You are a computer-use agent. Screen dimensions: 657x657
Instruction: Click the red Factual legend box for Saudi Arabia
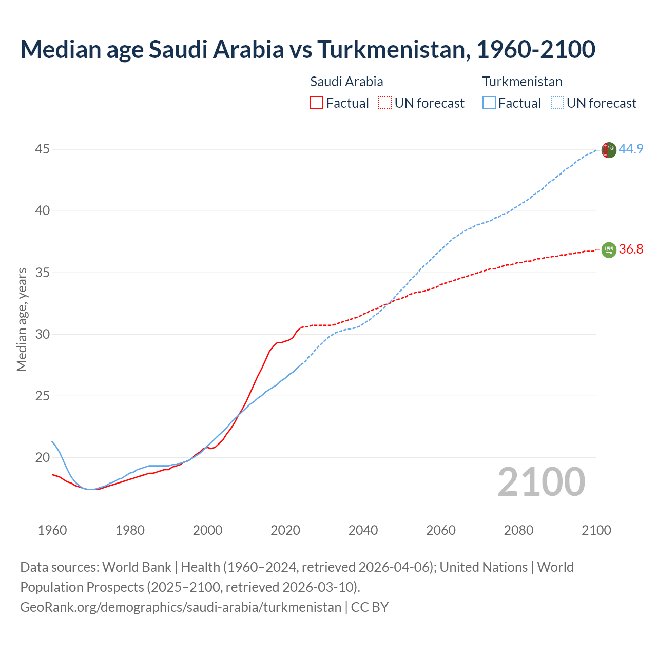(317, 103)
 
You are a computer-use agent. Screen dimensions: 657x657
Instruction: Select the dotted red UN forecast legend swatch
(385, 103)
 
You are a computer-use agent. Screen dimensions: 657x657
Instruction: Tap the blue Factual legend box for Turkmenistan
(489, 103)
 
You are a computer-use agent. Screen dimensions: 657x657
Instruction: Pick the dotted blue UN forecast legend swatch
(557, 103)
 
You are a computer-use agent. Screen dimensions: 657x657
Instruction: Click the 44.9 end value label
(631, 149)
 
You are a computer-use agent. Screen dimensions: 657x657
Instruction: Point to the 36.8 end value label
(631, 249)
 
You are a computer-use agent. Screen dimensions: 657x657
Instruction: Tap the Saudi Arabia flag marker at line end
(608, 250)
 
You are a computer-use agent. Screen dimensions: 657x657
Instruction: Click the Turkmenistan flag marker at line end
(608, 150)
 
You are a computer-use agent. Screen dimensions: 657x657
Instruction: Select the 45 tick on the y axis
(42, 149)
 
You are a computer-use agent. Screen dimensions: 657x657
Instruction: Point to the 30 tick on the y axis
(42, 334)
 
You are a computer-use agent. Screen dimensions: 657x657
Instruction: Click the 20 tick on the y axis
(42, 457)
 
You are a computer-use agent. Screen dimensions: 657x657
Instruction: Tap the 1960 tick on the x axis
(52, 530)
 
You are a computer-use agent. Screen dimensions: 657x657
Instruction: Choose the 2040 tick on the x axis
(363, 530)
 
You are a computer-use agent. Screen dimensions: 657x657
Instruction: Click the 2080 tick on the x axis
(518, 530)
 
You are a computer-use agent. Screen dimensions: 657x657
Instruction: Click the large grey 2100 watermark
(541, 482)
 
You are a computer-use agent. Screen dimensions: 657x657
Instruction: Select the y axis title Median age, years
(22, 319)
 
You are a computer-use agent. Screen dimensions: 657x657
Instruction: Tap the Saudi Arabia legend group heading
(346, 82)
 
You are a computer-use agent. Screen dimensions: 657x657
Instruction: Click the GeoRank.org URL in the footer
(180, 607)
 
